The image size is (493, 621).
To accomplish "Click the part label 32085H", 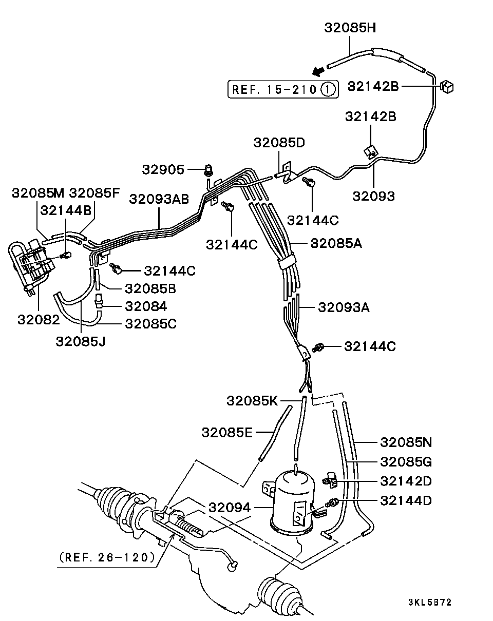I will (x=350, y=28).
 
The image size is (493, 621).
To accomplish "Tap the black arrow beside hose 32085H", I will (x=319, y=70).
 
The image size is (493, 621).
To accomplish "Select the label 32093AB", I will (x=159, y=199).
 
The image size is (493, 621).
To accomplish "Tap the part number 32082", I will (x=39, y=319).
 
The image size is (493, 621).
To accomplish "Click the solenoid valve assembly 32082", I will (x=31, y=267).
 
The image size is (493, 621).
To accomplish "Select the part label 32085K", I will (x=252, y=400).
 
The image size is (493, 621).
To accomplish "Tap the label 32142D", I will (x=406, y=481).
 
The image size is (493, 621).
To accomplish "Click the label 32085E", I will (x=227, y=432).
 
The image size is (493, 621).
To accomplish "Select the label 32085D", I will (x=279, y=142).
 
